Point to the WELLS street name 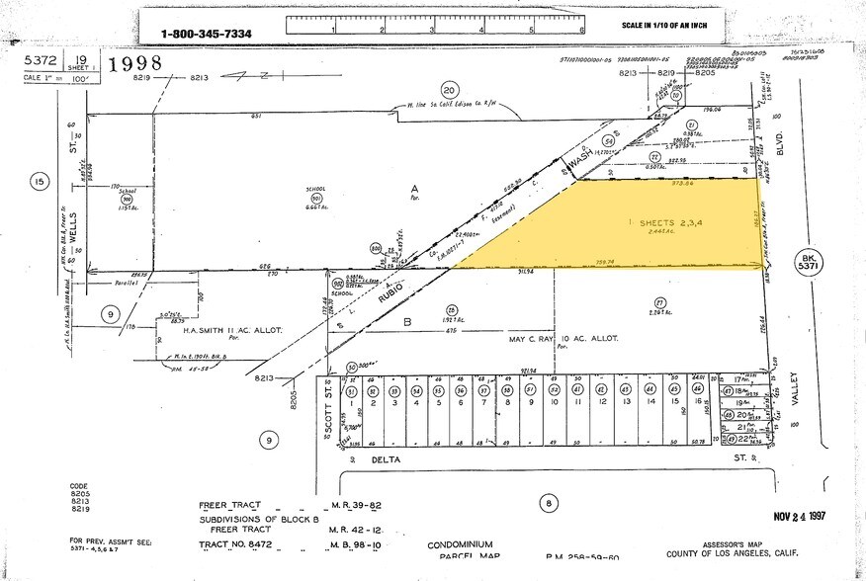(72, 224)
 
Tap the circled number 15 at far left (40, 182)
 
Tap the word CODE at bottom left (79, 486)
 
